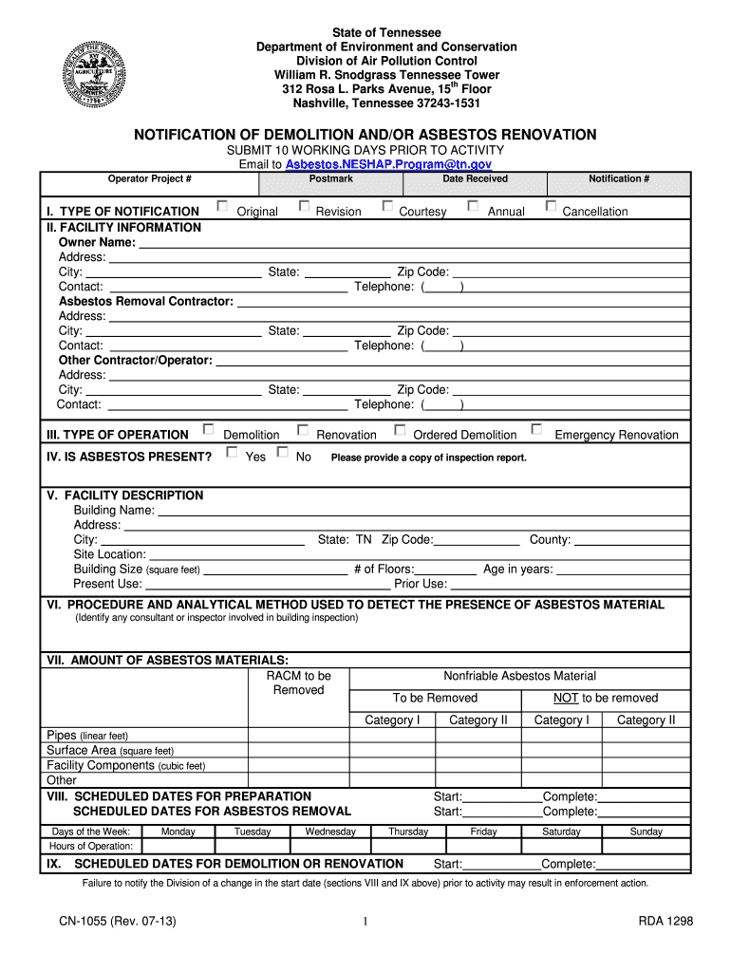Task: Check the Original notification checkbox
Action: point(221,206)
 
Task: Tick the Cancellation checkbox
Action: point(551,206)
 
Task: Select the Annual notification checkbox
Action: point(473,206)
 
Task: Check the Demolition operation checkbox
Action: point(209,430)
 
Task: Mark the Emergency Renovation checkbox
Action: point(536,430)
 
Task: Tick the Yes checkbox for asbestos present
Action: point(232,453)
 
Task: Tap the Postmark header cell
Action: point(330,178)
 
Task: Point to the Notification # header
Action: point(619,178)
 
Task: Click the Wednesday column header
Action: point(330,832)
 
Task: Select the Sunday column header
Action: point(647,832)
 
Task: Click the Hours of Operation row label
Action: point(91,846)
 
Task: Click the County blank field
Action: point(632,541)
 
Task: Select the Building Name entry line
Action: point(422,512)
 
